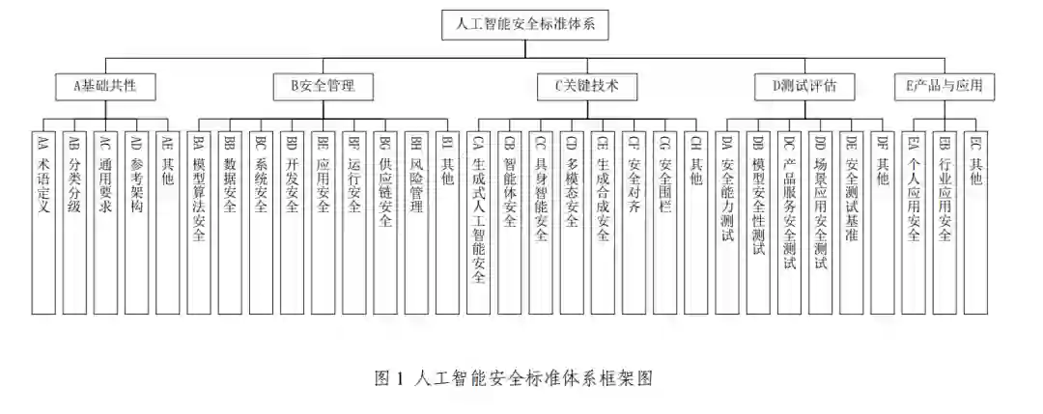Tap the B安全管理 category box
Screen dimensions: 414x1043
[323, 86]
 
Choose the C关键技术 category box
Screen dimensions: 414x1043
[588, 86]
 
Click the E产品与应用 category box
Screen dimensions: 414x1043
[944, 86]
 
